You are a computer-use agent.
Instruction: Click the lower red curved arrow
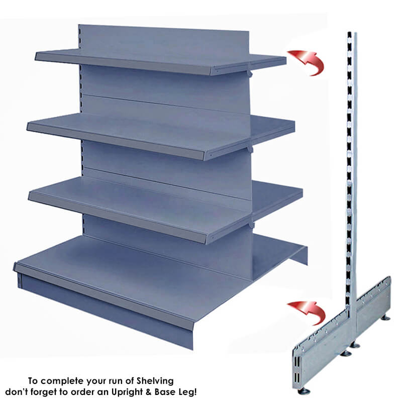pyautogui.click(x=312, y=312)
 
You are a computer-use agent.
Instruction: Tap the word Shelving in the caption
pyautogui.click(x=155, y=381)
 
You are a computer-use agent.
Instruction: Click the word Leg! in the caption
pyautogui.click(x=187, y=392)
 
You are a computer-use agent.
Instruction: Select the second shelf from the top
pyautogui.click(x=161, y=136)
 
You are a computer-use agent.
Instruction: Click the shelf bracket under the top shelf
pyautogui.click(x=250, y=74)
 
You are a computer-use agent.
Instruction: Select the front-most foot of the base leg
pyautogui.click(x=304, y=390)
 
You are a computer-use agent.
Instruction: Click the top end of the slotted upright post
pyautogui.click(x=352, y=33)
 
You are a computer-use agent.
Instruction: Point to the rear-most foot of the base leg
pyautogui.click(x=385, y=318)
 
